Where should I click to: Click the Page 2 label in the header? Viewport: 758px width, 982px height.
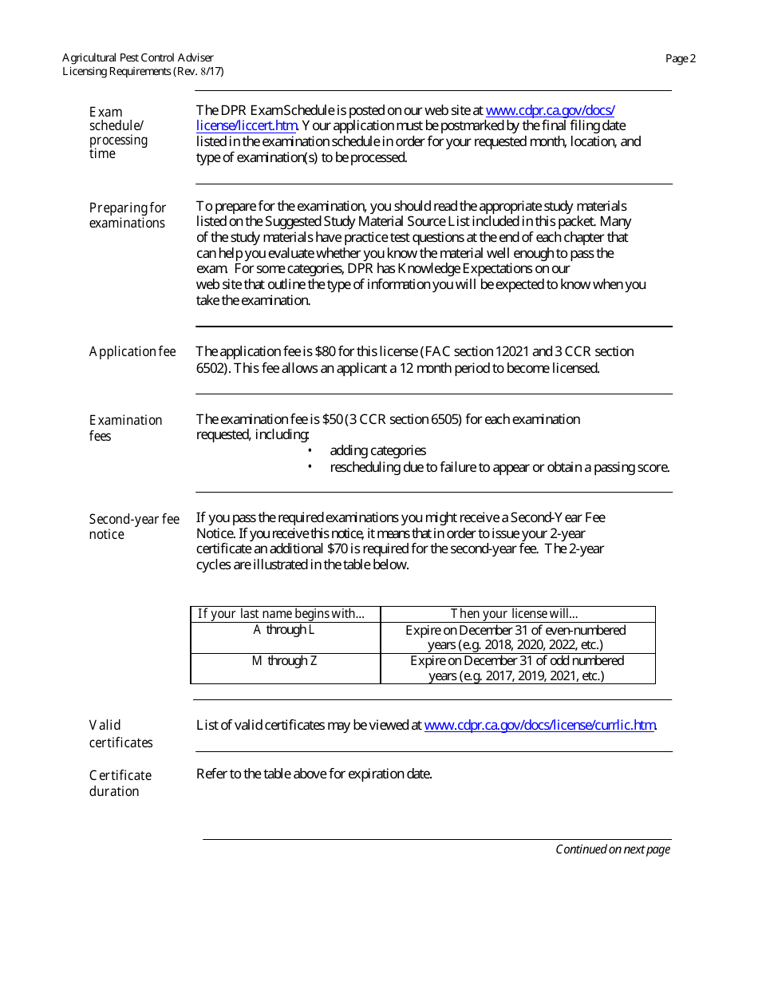coord(681,58)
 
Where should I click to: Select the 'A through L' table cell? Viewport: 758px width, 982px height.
coord(284,630)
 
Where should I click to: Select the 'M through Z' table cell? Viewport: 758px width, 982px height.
coord(285,661)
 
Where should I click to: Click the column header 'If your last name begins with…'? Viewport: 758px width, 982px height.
coord(281,614)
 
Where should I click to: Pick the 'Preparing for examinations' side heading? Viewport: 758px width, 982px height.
coord(128,216)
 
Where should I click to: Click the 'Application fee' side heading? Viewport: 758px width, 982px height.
coord(132,352)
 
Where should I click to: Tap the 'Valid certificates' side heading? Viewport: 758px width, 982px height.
coord(120,734)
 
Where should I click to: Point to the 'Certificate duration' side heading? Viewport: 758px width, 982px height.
coord(120,783)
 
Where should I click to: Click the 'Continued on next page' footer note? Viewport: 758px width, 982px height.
coord(612,849)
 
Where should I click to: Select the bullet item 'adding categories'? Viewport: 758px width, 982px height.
coord(377,451)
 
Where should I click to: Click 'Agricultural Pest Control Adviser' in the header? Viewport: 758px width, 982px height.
coord(138,57)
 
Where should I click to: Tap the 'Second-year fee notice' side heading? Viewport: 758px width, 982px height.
coord(134,527)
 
